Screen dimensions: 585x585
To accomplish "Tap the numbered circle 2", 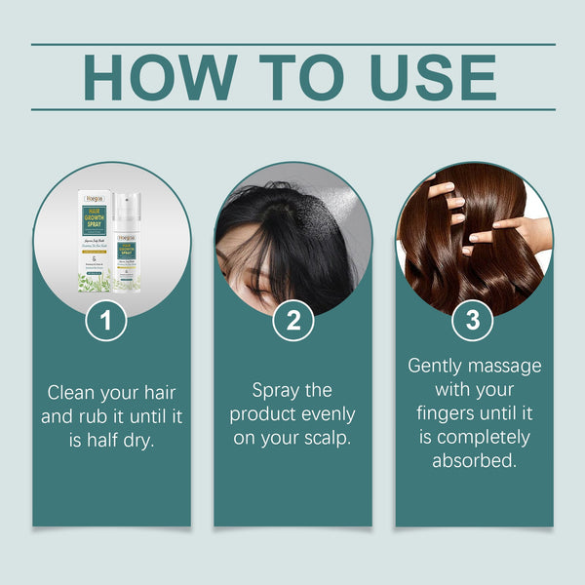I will [x=292, y=322].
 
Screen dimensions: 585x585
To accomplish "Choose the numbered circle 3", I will [x=473, y=322].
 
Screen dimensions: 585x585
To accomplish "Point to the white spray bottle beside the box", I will [x=126, y=249].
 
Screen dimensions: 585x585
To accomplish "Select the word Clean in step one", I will [x=72, y=393].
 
